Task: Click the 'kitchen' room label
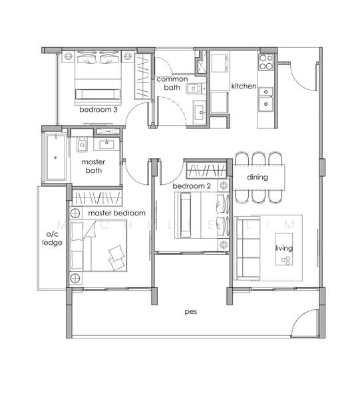click(x=244, y=86)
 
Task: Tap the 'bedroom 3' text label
click(x=98, y=110)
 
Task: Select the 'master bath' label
click(x=93, y=166)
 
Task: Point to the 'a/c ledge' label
click(x=52, y=239)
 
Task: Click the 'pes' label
click(x=191, y=312)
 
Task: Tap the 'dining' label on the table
click(x=258, y=177)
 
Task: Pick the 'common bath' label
click(x=172, y=83)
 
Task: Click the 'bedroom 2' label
click(x=192, y=186)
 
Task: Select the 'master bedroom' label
click(x=116, y=213)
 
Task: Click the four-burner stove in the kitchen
click(x=266, y=62)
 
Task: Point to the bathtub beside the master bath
click(x=56, y=158)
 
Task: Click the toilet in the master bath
click(x=82, y=145)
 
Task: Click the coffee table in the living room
click(x=283, y=249)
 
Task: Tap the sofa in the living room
click(x=248, y=248)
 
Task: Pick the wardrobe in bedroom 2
click(x=206, y=170)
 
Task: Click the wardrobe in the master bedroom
click(x=97, y=198)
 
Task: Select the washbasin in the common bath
click(x=200, y=112)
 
